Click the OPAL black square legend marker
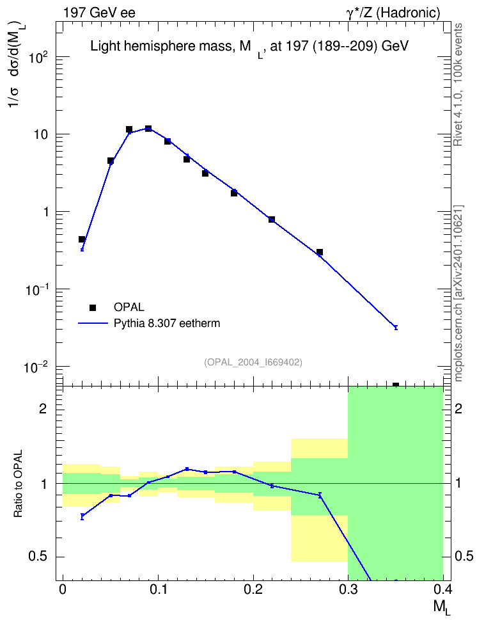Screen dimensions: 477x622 click(93, 307)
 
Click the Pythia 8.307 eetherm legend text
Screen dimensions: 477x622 click(167, 323)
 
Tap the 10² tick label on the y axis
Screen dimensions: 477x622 click(39, 58)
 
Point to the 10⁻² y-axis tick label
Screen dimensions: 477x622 click(37, 367)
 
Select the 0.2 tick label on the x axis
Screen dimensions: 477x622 click(253, 589)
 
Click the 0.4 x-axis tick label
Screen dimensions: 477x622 click(442, 589)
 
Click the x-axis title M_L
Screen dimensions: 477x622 click(442, 607)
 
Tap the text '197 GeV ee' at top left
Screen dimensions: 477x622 click(99, 13)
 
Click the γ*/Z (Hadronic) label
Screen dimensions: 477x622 click(393, 13)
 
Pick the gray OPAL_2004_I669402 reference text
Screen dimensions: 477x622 click(253, 362)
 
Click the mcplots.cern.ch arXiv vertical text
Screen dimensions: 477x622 click(458, 294)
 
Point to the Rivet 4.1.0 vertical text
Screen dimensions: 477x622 click(458, 84)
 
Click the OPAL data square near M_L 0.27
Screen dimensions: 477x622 click(320, 252)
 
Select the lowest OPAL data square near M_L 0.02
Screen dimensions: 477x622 click(82, 239)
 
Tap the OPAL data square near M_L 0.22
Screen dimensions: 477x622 click(272, 219)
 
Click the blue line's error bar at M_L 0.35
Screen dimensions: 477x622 click(396, 327)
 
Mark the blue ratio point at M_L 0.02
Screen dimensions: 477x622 click(82, 516)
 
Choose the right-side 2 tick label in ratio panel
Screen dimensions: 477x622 click(458, 409)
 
